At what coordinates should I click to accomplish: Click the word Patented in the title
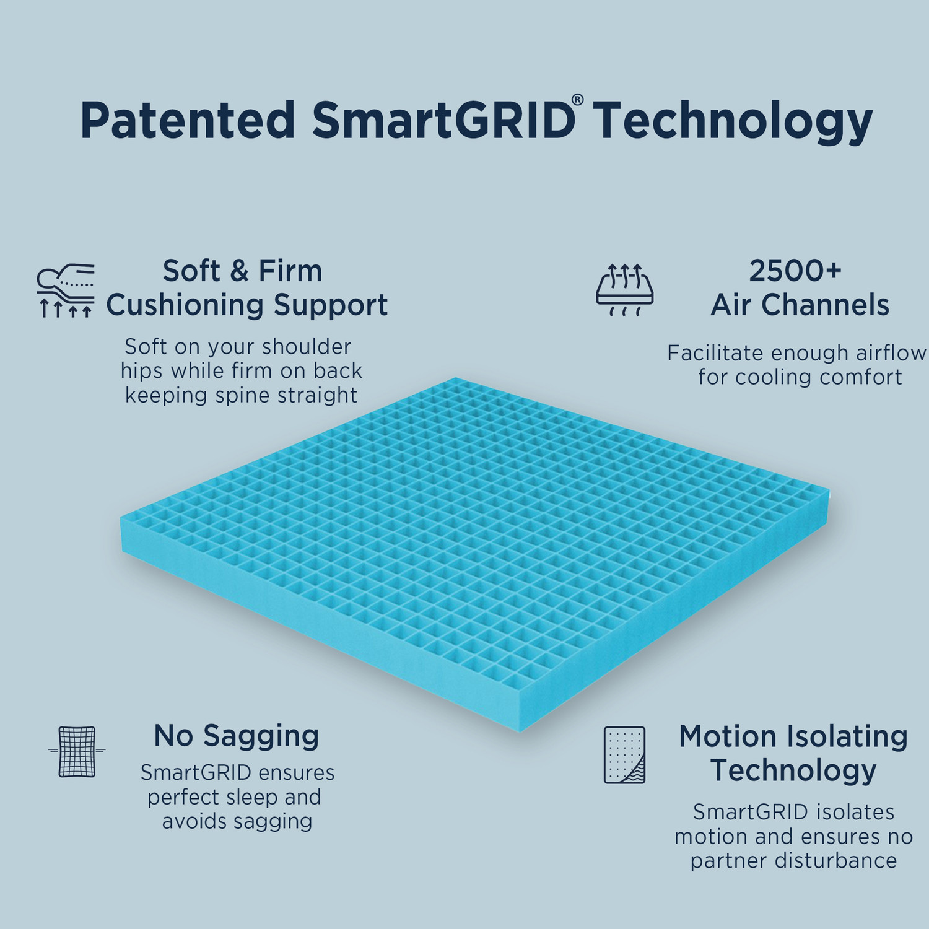click(188, 121)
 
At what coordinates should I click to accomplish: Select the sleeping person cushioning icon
click(66, 290)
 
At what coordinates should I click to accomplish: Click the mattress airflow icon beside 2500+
click(625, 290)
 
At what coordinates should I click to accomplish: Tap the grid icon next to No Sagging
click(77, 751)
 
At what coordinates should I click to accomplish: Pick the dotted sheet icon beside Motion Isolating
click(624, 755)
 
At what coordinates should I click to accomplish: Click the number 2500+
click(795, 271)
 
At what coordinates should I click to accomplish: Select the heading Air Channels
click(800, 305)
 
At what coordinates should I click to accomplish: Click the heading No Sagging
click(236, 736)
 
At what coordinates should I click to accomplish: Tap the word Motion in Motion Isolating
click(727, 736)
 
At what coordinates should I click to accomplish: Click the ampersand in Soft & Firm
click(239, 271)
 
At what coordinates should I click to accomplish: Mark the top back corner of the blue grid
click(455, 378)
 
